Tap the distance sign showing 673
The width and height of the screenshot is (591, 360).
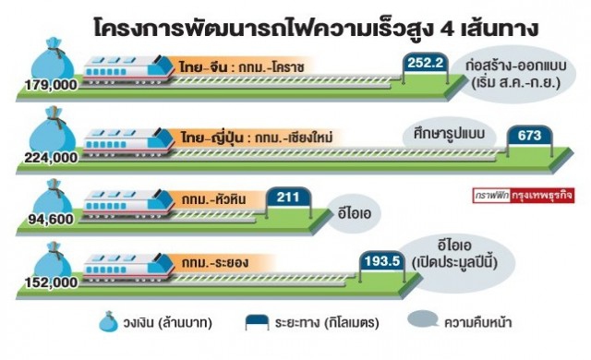pos(529,137)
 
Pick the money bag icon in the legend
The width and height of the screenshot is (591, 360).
pos(108,322)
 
